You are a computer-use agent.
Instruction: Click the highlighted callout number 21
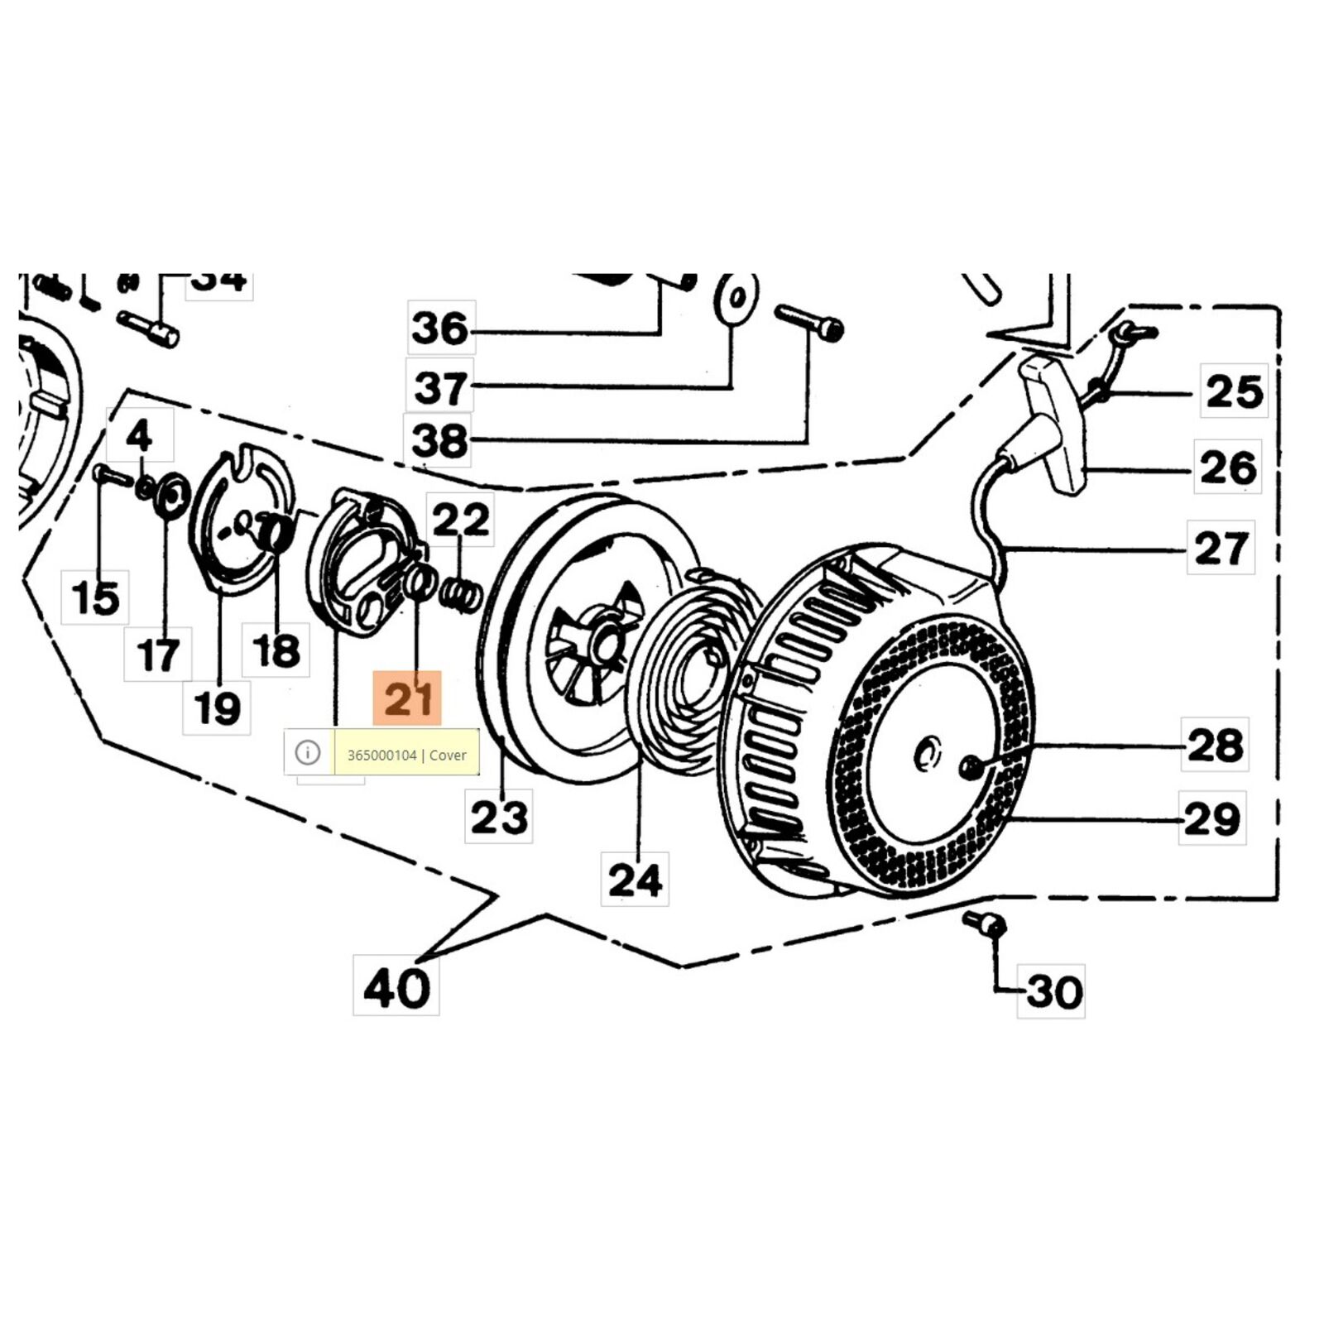tap(407, 699)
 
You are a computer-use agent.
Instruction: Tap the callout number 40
tap(396, 986)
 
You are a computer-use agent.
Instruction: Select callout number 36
tap(441, 329)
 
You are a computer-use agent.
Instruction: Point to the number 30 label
tap(1053, 991)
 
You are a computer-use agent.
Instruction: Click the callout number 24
tap(635, 880)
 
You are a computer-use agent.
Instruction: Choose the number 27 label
tap(1221, 548)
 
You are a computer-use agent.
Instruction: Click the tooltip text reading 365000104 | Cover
tap(406, 755)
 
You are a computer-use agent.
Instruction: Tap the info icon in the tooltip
tap(308, 753)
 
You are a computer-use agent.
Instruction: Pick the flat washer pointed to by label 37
tap(736, 298)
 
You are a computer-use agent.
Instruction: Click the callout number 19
tap(217, 708)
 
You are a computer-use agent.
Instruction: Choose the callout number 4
tap(139, 435)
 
